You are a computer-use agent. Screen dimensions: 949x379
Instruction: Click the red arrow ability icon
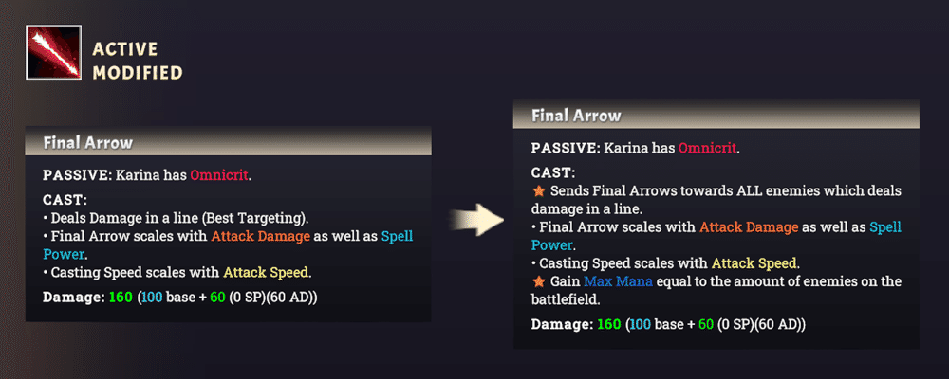point(53,52)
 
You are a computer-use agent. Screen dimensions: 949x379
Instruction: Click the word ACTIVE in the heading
point(125,49)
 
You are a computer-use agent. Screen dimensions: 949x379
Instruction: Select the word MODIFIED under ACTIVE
point(138,73)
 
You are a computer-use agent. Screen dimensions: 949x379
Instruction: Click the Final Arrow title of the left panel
point(87,143)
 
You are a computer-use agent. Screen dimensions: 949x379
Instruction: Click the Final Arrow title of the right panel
point(576,116)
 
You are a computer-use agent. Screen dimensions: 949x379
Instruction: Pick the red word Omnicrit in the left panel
point(220,176)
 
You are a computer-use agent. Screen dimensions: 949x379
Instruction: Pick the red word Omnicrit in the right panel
point(708,148)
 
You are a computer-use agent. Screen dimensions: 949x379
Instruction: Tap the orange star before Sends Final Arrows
point(537,191)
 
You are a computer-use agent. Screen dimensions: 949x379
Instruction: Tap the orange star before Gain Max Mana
point(537,281)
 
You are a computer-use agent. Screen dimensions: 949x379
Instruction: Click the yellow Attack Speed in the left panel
point(267,273)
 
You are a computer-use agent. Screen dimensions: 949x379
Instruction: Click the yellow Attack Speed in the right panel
point(754,263)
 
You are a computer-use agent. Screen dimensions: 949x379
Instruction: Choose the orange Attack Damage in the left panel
point(260,236)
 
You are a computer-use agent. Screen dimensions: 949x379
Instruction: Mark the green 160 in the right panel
point(609,324)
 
